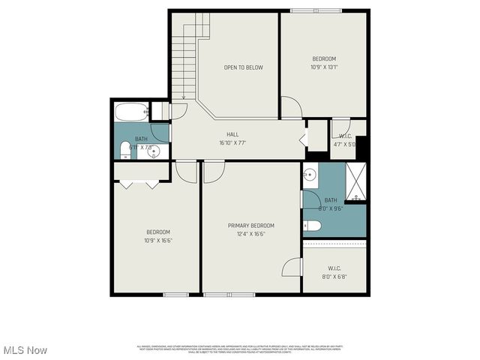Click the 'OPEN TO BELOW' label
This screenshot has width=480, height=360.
point(243,67)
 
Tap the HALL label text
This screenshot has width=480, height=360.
point(232,135)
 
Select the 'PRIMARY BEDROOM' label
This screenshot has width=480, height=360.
point(251,226)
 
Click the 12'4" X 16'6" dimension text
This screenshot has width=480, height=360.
point(251,234)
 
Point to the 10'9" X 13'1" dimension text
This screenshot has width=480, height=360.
point(324,66)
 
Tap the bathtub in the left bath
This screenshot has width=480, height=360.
point(132,112)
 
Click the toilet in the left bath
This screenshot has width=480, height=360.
point(126,152)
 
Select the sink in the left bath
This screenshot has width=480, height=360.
point(154,152)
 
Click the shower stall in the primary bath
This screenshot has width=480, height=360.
point(356,181)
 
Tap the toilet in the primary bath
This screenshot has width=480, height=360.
point(313,226)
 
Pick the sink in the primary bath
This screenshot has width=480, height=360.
point(310,176)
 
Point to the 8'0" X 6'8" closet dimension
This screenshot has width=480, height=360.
point(334,276)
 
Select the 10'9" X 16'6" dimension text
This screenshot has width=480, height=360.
point(157,240)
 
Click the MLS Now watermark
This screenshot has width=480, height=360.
point(24,350)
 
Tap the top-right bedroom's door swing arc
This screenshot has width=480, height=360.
point(291,107)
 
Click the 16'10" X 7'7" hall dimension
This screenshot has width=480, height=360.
point(232,142)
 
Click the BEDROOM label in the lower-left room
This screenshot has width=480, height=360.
point(157,232)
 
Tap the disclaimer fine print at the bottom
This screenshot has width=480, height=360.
point(240,349)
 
